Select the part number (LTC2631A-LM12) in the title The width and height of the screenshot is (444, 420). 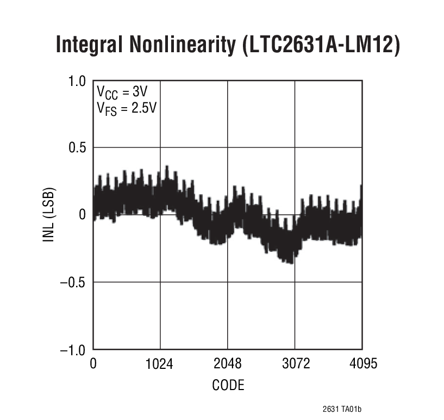321,46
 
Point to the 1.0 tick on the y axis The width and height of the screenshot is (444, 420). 77,81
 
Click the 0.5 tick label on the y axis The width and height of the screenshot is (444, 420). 77,148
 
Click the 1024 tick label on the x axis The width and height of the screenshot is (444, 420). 160,363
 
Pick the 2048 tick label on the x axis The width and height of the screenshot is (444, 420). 227,363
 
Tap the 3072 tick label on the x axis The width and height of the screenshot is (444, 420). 295,363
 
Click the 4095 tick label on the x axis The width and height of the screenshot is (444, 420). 362,363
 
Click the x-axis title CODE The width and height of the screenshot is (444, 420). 228,386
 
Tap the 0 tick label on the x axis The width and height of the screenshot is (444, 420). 93,363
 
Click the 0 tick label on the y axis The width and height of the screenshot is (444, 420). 83,215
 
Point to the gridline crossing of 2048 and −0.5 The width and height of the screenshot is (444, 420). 227,282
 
